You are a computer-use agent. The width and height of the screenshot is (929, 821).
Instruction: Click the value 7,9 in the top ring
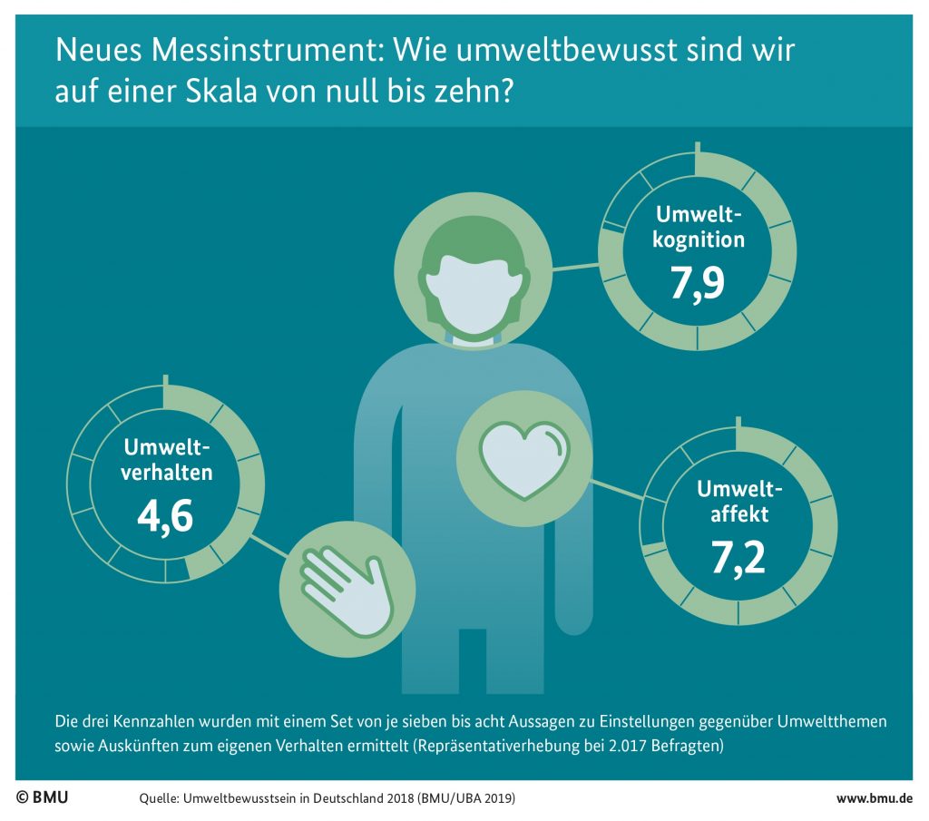697,284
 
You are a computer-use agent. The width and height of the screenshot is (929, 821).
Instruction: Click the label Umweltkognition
699,228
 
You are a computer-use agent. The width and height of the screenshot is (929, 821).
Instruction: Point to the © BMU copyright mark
42,797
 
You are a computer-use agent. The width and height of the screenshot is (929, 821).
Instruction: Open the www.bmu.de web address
874,798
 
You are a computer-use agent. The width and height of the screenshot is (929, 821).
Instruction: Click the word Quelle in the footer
158,798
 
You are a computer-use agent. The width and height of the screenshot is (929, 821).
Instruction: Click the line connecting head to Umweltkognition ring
575,267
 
